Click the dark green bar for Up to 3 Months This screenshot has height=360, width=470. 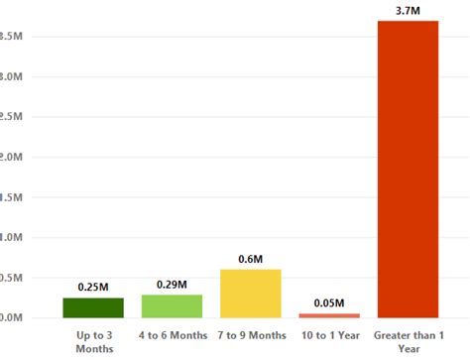pos(93,307)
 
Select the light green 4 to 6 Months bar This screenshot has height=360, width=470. pos(172,305)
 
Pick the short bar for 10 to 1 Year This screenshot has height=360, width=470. pos(330,315)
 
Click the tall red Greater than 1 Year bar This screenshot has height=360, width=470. pos(408,169)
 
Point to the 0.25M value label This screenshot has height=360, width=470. pos(93,288)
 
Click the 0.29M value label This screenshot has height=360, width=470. pos(172,285)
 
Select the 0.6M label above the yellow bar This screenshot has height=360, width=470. pos(251,259)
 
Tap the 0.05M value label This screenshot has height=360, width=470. pos(330,302)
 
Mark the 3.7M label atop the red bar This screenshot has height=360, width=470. pos(408,10)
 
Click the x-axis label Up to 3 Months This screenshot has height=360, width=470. pos(93,341)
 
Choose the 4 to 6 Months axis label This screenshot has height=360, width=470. pos(172,335)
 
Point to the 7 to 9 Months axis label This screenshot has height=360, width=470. pos(251,335)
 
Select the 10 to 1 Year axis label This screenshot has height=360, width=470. pos(330,335)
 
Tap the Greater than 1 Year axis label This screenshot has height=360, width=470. pos(408,341)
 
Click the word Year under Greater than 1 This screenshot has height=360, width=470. pos(408,348)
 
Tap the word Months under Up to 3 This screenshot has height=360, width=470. pos(93,348)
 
